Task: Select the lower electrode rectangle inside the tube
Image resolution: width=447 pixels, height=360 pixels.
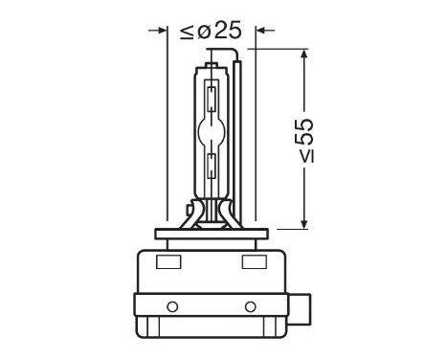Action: tap(211, 163)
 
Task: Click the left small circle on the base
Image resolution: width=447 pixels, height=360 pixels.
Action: tap(172, 306)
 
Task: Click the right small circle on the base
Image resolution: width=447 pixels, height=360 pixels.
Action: tap(251, 306)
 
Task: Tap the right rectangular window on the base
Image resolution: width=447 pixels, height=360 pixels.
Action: tap(256, 261)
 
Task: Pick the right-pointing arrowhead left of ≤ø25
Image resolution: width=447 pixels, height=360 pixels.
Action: tap(162, 32)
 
